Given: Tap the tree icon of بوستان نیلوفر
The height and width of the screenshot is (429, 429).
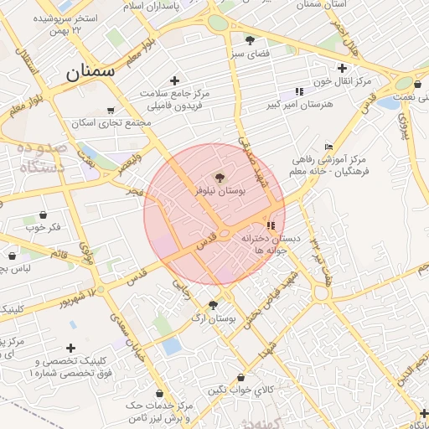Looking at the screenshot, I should pos(220,178).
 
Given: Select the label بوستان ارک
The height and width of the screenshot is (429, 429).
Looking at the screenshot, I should pos(214,319).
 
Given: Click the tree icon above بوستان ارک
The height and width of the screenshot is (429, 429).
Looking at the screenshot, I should pos(213,305).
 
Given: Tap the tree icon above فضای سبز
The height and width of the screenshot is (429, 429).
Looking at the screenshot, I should pos(250,39).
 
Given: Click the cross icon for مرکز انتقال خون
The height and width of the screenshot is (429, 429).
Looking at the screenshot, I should pos(343,68).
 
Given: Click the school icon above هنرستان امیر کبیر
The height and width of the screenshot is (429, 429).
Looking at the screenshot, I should pos(299,91).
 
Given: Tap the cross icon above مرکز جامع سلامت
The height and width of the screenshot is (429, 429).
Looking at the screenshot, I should pos(174,80).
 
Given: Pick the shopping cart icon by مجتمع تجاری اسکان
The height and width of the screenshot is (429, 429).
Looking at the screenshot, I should pos(111,110).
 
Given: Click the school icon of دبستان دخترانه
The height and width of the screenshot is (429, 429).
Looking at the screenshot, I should pos(270,225).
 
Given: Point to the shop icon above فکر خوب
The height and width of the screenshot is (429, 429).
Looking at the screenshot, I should pos(43,214).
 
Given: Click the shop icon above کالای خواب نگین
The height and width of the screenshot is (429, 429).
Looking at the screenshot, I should pos(241,378).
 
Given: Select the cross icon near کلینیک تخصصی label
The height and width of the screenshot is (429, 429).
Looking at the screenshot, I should pos(70,348).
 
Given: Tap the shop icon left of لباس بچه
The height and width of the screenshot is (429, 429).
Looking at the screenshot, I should pos(12,256).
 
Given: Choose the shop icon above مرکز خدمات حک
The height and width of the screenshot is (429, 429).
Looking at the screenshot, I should pos(159,393).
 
